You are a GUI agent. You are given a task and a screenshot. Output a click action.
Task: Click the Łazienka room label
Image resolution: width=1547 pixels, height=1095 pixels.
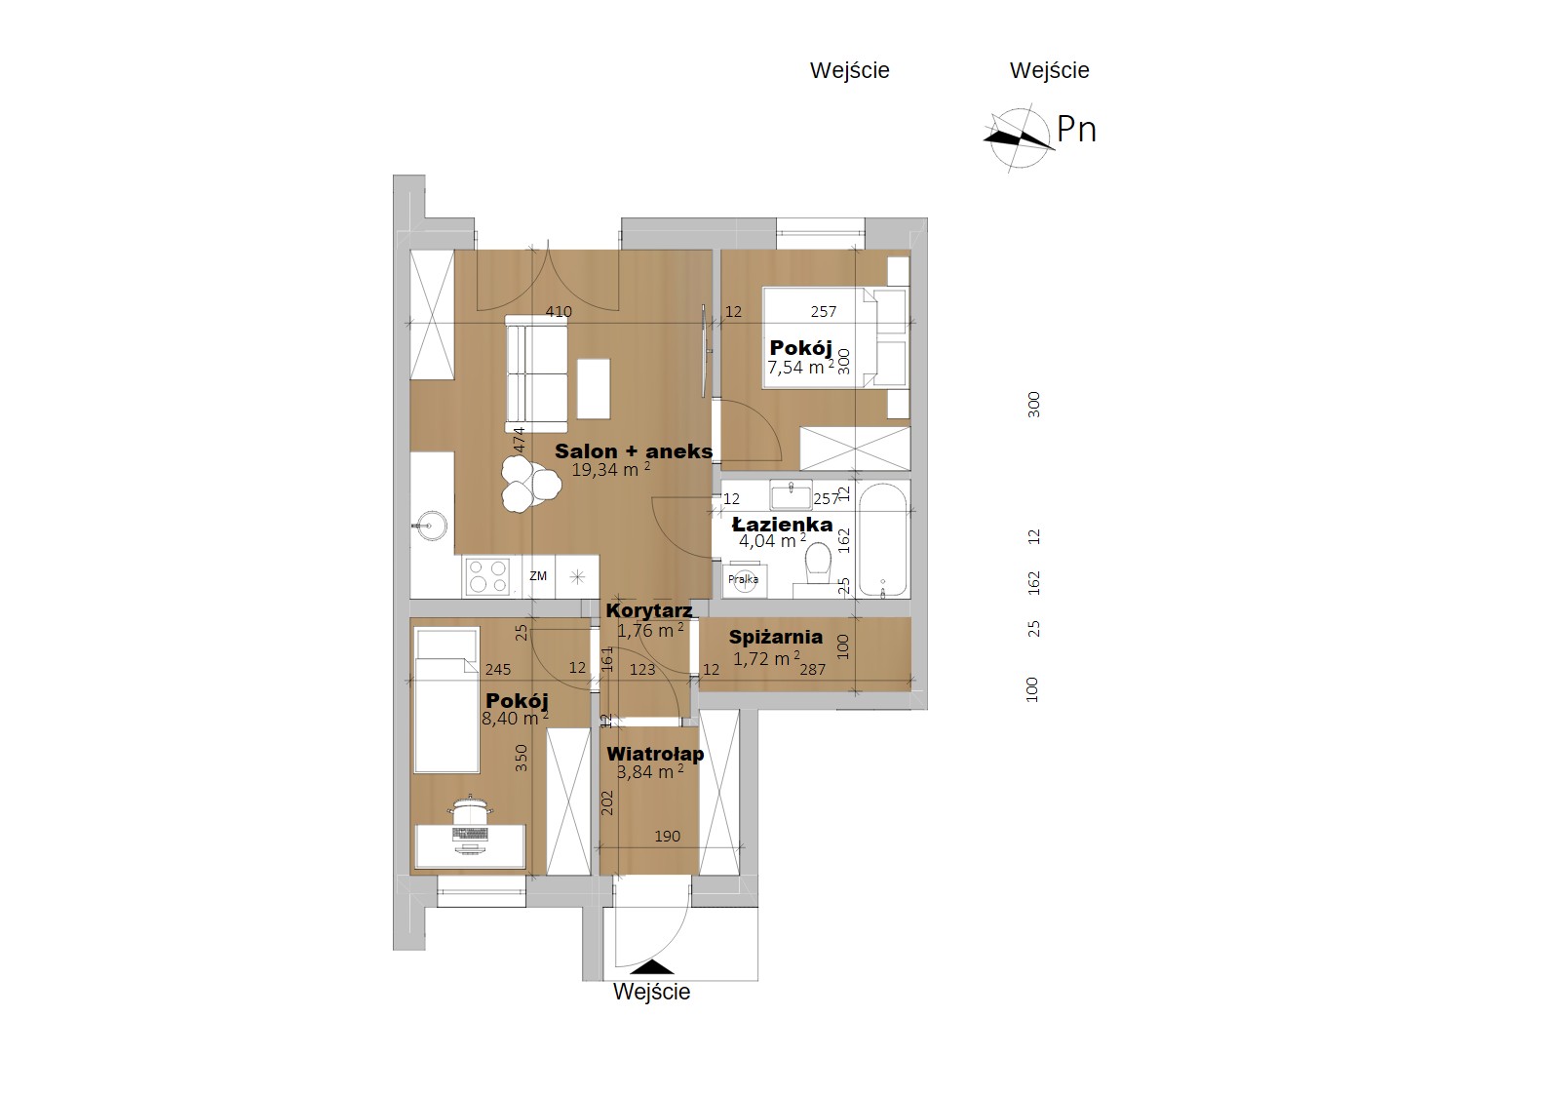pos(783,525)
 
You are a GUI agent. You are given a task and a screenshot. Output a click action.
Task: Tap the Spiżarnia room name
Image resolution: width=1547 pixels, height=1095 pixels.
pos(776,637)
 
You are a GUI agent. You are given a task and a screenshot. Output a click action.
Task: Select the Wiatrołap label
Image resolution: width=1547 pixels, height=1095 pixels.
pos(655,754)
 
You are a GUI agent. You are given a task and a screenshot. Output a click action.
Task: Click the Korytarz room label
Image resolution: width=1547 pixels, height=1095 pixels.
pos(649,610)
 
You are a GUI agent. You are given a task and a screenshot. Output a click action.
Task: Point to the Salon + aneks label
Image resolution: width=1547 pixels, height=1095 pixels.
pos(634,451)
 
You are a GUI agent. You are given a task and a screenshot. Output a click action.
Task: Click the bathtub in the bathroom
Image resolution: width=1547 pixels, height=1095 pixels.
pos(882,539)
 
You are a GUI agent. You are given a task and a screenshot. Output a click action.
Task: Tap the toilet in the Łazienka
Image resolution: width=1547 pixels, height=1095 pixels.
pos(819,562)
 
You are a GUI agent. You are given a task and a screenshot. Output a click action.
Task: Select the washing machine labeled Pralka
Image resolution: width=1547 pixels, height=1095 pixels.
pos(743,579)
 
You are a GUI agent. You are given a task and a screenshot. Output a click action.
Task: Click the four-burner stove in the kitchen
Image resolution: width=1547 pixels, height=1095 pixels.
pos(487,577)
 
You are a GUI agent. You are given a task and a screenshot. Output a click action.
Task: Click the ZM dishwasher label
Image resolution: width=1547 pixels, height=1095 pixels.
pos(538,575)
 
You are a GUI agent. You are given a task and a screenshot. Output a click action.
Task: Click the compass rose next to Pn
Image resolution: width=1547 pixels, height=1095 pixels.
pos(1018,138)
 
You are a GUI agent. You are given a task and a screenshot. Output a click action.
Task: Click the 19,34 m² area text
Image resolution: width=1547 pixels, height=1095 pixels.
pos(610,470)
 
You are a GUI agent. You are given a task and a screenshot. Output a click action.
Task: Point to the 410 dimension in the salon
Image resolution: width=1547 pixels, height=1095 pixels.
pos(559,312)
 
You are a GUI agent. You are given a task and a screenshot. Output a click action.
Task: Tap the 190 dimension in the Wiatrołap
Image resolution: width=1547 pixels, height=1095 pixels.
pos(667,837)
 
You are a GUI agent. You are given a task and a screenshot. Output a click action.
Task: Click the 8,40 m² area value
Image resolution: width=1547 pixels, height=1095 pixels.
pos(515,718)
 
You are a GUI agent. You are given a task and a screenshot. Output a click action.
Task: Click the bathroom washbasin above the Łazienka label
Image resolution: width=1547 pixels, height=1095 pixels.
pos(791,496)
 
